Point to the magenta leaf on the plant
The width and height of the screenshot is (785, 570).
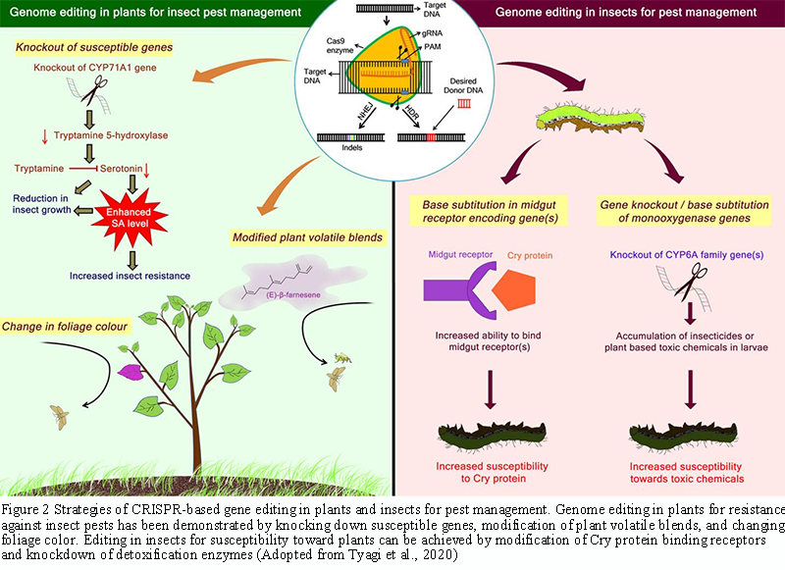(130, 372)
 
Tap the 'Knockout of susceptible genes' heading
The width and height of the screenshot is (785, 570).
(94, 48)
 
